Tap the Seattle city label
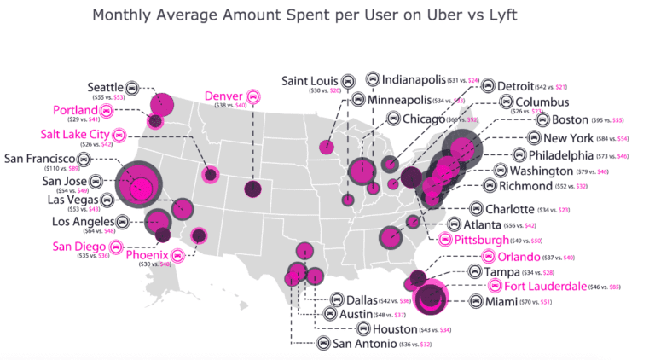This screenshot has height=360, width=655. (x=106, y=87)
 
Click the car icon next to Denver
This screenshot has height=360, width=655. (x=252, y=96)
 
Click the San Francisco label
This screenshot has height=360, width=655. (x=46, y=159)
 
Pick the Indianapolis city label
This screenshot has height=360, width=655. (x=418, y=79)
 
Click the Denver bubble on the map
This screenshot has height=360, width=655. (x=253, y=189)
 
